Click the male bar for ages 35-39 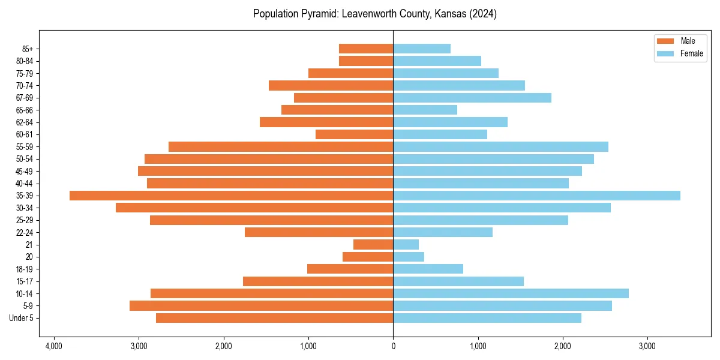point(231,196)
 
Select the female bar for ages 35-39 point(536,196)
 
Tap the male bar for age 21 point(373,245)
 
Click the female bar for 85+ point(422,49)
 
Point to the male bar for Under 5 point(274,318)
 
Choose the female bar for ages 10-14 point(511,293)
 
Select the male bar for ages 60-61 point(354,134)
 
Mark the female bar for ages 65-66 point(425,110)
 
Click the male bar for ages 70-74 point(331,85)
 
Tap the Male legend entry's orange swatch point(665,41)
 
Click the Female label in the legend point(692,53)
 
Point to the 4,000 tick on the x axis point(54,347)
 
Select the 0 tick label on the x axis point(393,347)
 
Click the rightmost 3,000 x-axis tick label point(647,347)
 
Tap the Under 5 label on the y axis point(22,318)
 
